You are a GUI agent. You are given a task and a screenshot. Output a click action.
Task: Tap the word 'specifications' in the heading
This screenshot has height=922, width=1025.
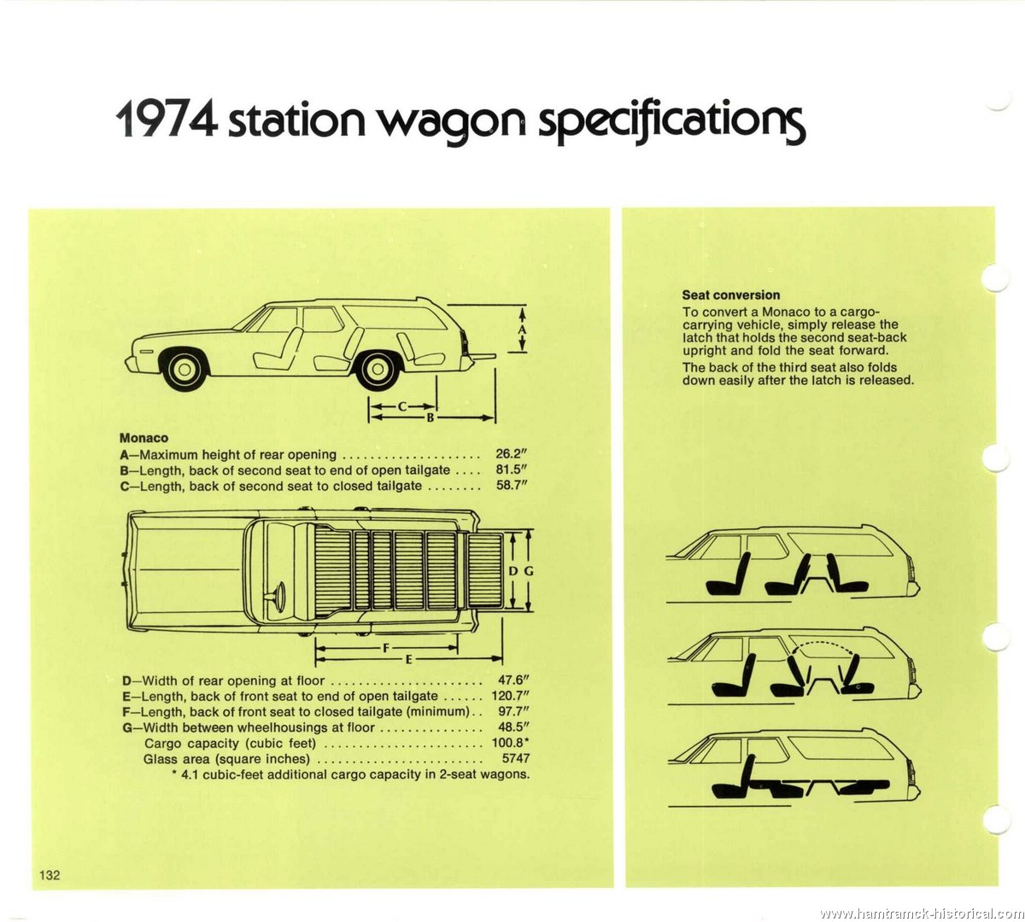(x=671, y=123)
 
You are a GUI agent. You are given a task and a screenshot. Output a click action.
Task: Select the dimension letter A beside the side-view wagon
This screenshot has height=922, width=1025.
(x=522, y=330)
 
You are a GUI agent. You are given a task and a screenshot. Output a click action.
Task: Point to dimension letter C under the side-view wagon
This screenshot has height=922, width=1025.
(x=402, y=406)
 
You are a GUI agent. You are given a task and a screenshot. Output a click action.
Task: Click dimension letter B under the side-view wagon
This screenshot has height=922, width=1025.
(x=430, y=417)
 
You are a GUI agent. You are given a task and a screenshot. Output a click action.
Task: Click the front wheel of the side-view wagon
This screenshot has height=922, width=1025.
(x=185, y=367)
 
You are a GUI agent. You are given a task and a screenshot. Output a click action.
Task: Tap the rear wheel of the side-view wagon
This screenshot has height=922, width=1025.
(x=378, y=368)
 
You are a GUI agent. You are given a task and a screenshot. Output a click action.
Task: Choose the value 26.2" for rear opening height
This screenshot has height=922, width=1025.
(x=511, y=453)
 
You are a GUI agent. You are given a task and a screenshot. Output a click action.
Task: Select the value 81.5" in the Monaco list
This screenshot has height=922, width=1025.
(x=511, y=470)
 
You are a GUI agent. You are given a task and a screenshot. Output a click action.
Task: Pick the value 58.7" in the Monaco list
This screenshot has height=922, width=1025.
(x=511, y=485)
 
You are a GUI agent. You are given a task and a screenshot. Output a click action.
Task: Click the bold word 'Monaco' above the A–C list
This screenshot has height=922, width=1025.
(x=143, y=438)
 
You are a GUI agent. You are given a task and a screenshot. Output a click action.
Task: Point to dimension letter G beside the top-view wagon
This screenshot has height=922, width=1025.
(x=529, y=571)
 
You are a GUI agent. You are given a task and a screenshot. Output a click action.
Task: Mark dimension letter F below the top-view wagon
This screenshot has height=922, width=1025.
(x=386, y=648)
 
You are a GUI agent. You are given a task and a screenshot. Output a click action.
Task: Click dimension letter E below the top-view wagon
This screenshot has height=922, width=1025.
(x=408, y=659)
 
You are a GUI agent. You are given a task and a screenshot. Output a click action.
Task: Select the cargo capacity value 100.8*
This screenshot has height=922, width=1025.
(x=510, y=743)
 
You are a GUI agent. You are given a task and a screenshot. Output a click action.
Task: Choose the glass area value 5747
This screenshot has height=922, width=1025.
(x=516, y=759)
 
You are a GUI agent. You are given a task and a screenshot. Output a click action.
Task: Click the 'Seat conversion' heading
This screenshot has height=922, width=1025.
(x=730, y=295)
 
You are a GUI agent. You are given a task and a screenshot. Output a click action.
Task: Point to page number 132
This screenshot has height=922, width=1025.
(x=50, y=875)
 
